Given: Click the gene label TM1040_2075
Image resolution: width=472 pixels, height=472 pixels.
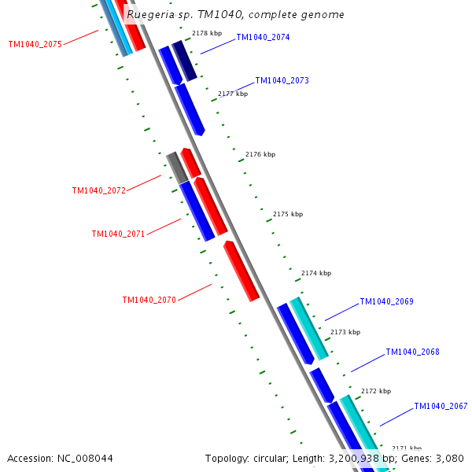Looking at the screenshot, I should (x=35, y=44).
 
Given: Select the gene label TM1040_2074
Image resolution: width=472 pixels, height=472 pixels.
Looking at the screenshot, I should (x=263, y=37).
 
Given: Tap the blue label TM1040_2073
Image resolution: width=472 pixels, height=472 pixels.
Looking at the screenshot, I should (x=282, y=80).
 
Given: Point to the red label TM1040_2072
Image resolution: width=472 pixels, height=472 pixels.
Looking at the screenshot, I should (x=98, y=190).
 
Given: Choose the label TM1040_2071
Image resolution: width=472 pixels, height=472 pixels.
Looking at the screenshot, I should (x=118, y=234).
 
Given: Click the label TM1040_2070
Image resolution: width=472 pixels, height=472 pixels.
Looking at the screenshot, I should (x=149, y=300).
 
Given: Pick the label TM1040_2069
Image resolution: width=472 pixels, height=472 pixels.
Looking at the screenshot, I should (x=386, y=301).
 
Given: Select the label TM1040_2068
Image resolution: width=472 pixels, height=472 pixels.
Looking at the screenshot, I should (x=412, y=352).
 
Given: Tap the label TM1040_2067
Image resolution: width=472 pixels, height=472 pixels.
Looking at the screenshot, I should (x=441, y=406).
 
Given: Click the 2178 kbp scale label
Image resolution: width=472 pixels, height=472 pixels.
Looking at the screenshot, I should (x=207, y=33).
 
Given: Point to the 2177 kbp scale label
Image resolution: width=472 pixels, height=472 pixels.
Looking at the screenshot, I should (x=233, y=94).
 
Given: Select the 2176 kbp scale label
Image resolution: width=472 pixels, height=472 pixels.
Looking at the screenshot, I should (x=260, y=154).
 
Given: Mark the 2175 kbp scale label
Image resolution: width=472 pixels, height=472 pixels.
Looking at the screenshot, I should (x=288, y=214).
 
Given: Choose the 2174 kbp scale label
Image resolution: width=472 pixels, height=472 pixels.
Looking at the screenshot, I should (x=316, y=273).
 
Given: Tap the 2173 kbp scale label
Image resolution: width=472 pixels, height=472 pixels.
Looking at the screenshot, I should (x=345, y=332).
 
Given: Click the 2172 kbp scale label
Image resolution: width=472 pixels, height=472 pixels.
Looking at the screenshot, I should (x=376, y=391).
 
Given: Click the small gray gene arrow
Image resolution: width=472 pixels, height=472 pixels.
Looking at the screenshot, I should (x=176, y=167).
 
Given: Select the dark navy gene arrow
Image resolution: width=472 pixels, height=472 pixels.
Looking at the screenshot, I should (x=184, y=61).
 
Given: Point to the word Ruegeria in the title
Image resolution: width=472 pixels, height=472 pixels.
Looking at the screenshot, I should (x=153, y=14).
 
